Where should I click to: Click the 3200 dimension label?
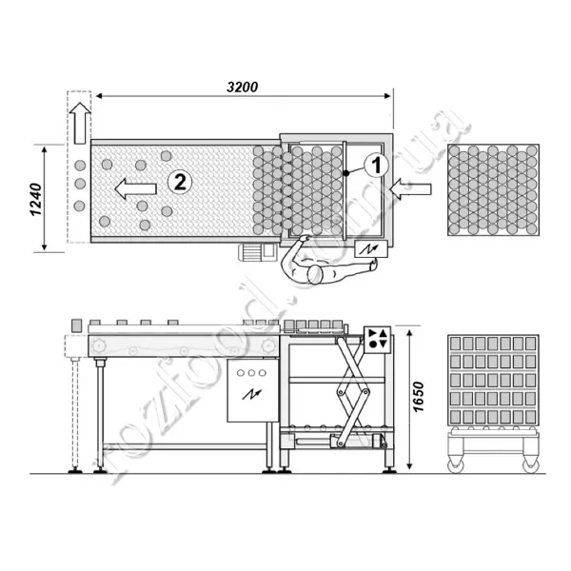pyautogui.click(x=243, y=86)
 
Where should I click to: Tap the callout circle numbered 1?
pyautogui.click(x=375, y=164)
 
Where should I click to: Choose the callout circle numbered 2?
pyautogui.click(x=178, y=180)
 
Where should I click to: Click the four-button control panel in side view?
pyautogui.click(x=377, y=339)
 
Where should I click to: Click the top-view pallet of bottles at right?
pyautogui.click(x=493, y=189)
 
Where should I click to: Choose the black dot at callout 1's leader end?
pyautogui.click(x=346, y=172)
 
